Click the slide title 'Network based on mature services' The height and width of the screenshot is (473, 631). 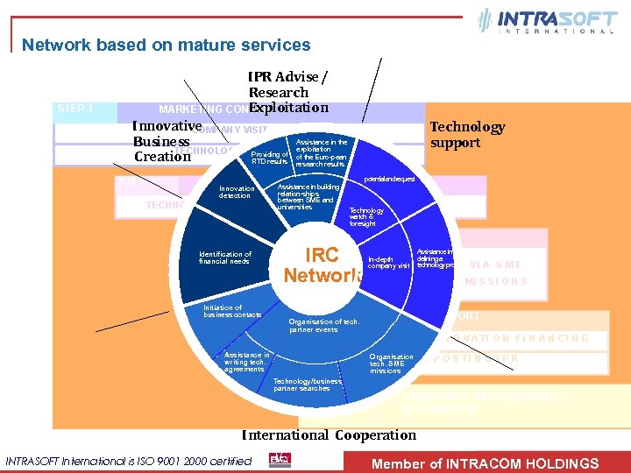(166, 45)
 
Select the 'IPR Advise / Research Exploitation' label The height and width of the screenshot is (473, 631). (287, 93)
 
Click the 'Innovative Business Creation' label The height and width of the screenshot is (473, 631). (167, 142)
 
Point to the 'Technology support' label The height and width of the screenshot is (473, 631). (466, 135)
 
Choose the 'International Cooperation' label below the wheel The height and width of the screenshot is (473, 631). (329, 434)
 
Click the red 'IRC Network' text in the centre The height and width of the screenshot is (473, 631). (323, 265)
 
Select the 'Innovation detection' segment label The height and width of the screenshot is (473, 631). (237, 193)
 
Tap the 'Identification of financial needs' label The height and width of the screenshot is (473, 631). (225, 258)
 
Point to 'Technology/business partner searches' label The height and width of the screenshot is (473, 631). (301, 385)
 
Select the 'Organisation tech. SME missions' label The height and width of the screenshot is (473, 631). (391, 364)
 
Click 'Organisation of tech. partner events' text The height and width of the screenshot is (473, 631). (324, 325)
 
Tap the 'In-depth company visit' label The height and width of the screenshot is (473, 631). (389, 263)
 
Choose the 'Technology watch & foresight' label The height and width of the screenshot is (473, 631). (366, 216)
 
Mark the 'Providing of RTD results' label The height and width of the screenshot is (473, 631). (269, 158)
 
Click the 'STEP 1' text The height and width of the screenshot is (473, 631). (74, 109)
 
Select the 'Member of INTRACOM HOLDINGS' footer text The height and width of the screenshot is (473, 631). (486, 463)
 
